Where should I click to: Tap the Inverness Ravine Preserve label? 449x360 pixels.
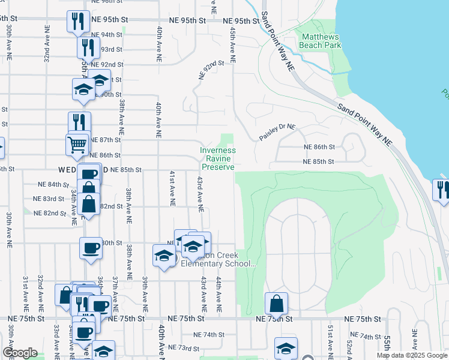(x=217, y=158)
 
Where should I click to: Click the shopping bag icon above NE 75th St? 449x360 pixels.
(x=276, y=303)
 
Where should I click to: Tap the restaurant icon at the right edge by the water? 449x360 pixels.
(x=441, y=190)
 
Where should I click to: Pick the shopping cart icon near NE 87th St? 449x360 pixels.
(x=77, y=145)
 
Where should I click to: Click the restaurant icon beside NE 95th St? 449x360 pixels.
(x=78, y=22)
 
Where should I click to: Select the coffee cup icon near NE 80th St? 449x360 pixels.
(x=91, y=248)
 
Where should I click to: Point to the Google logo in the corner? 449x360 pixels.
(x=20, y=353)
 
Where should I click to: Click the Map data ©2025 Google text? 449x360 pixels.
(x=412, y=355)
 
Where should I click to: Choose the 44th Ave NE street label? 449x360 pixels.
(x=218, y=295)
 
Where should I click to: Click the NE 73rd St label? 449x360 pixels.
(x=184, y=347)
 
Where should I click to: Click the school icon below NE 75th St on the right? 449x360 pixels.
(x=286, y=348)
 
